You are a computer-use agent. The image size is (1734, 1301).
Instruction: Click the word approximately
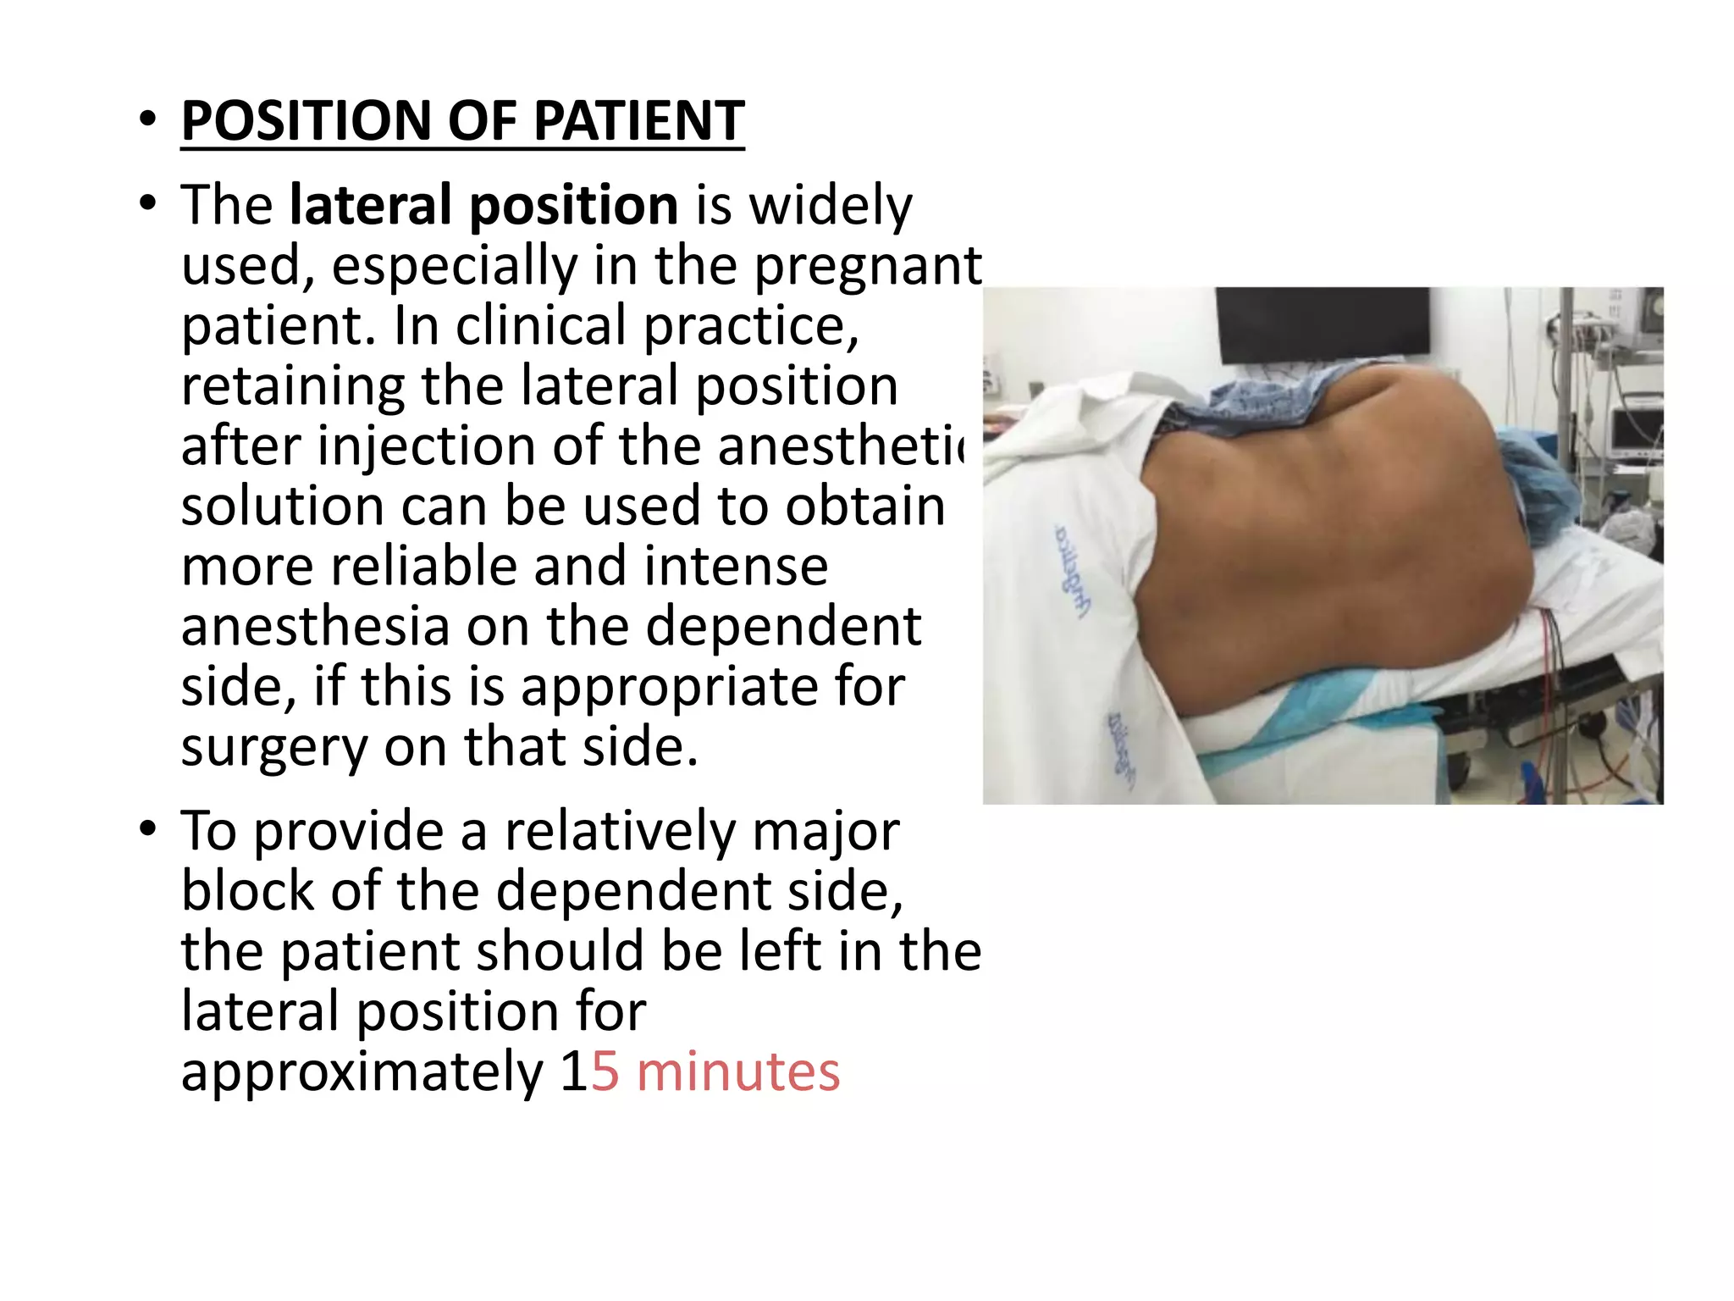point(362,1074)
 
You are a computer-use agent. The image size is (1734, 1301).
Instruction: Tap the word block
point(247,891)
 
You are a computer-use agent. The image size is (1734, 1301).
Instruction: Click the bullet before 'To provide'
point(149,828)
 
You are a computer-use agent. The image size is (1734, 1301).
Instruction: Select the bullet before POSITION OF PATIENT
point(149,120)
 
